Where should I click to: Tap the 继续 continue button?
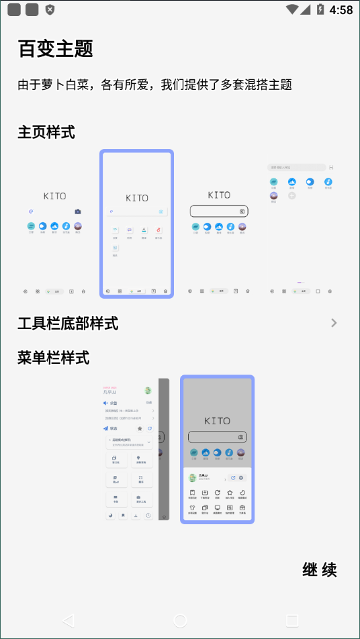point(320,571)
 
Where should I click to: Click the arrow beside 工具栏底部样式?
point(334,323)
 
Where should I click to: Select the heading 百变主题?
point(55,49)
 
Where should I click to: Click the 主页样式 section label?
point(46,132)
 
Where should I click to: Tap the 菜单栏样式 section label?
point(54,357)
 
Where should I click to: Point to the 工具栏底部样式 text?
point(68,324)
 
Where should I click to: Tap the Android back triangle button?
point(68,620)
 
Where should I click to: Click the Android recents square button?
point(291,620)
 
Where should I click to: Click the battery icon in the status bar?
point(320,9)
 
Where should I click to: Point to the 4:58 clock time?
point(341,10)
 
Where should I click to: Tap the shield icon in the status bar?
point(50,10)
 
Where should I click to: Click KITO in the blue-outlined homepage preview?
point(137,198)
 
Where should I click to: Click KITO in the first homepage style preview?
point(55,196)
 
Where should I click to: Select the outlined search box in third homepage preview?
point(219,211)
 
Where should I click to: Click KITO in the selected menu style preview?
point(217,421)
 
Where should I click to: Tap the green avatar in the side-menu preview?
point(148,391)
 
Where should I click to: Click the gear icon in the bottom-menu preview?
point(241,478)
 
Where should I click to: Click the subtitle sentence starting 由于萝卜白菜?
point(154,85)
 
